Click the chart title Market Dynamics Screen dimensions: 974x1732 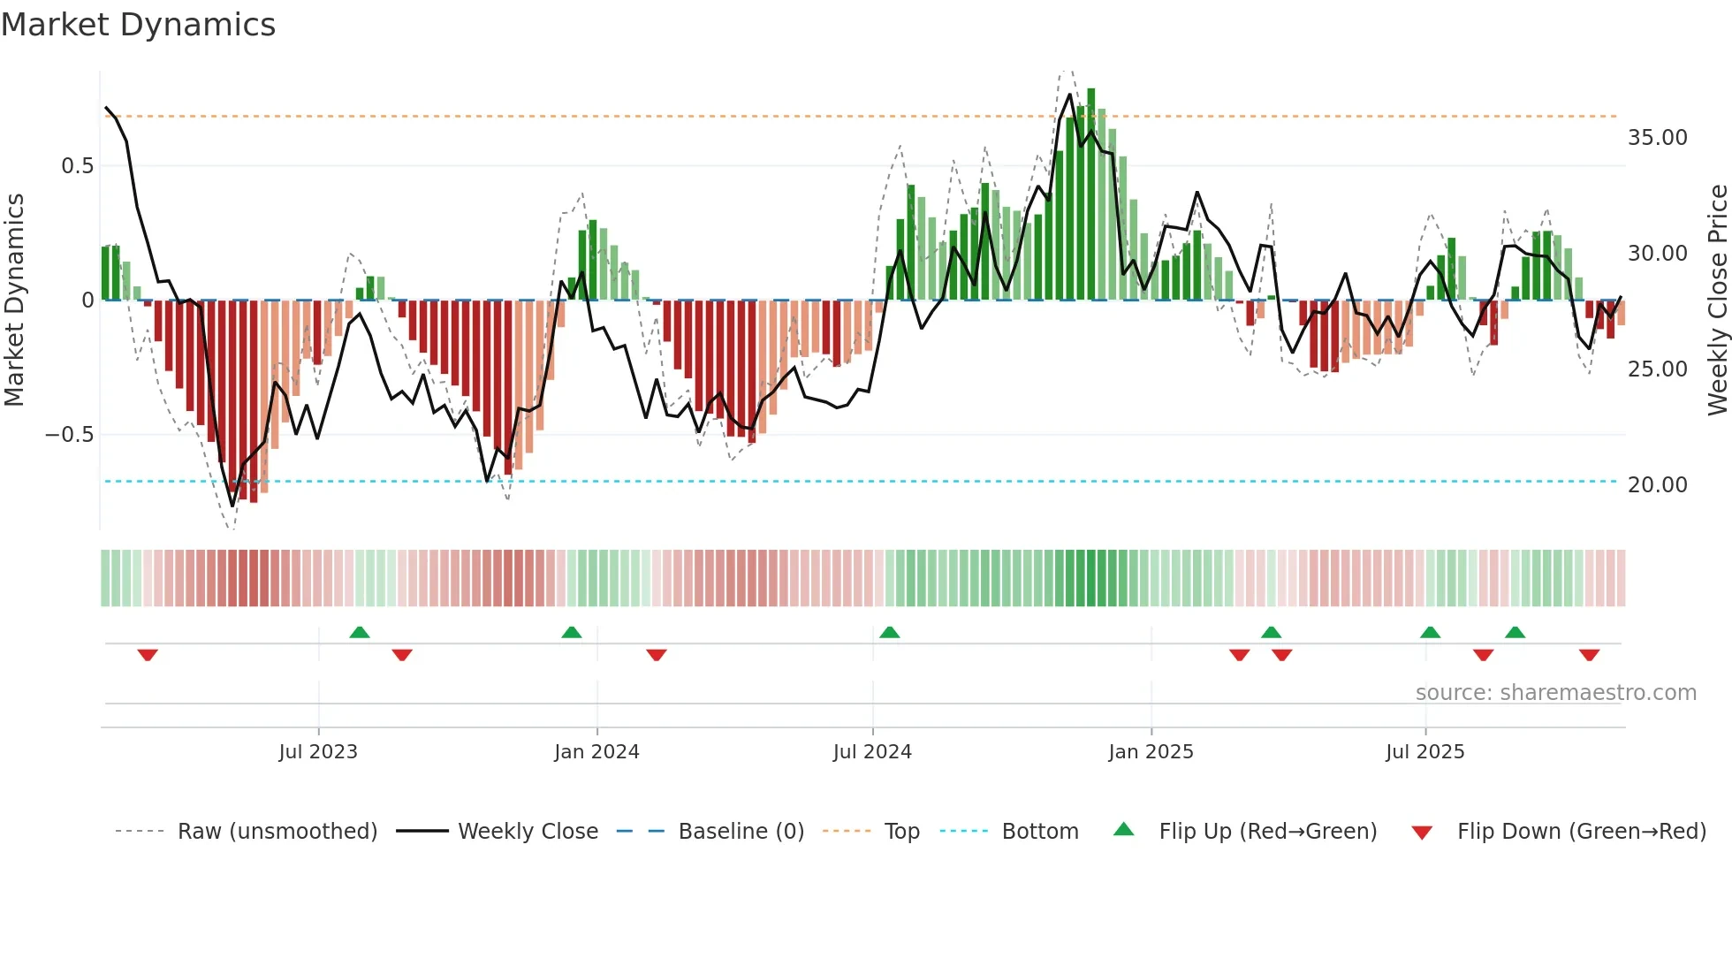click(x=138, y=25)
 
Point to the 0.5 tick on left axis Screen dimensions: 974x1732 click(x=77, y=166)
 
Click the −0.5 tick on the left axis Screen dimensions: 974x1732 click(x=69, y=435)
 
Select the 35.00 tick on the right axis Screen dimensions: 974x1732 click(x=1657, y=138)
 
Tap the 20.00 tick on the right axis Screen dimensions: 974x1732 click(x=1657, y=485)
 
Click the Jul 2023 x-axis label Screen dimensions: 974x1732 click(x=318, y=752)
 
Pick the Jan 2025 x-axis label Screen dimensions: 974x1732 click(x=1151, y=752)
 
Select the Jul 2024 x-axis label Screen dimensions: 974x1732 click(x=872, y=752)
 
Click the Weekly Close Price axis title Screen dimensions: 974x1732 click(x=1717, y=301)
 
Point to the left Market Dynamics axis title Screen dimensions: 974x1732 click(x=15, y=301)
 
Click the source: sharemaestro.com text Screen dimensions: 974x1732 click(x=1555, y=693)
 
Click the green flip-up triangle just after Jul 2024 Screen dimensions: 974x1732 click(x=890, y=632)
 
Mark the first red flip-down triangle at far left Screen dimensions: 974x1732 click(x=148, y=655)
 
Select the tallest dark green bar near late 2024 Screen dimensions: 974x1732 click(x=1091, y=194)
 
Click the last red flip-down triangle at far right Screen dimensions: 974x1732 click(x=1589, y=655)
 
